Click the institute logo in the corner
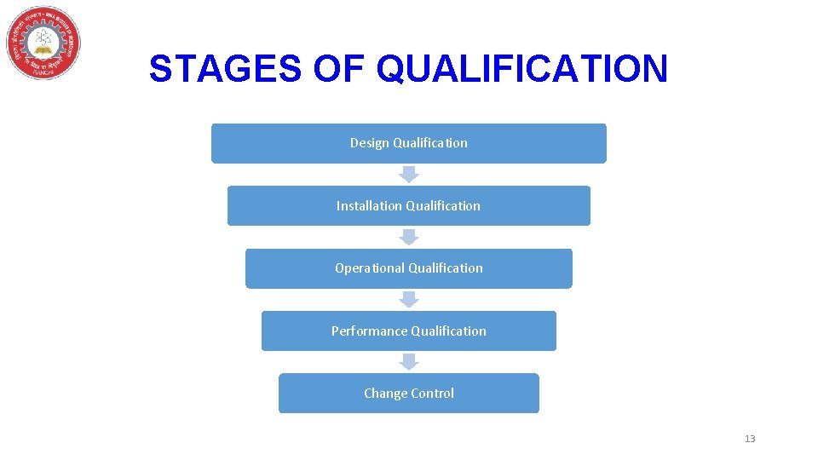pyautogui.click(x=43, y=43)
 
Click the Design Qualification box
pyautogui.click(x=409, y=143)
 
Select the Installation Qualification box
pyautogui.click(x=409, y=205)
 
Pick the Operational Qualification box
pyautogui.click(x=409, y=268)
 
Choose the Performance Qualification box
pyautogui.click(x=409, y=331)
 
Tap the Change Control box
pyautogui.click(x=409, y=393)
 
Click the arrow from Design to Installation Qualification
pyautogui.click(x=409, y=174)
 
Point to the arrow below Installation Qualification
pyautogui.click(x=409, y=237)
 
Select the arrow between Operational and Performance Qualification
pyautogui.click(x=409, y=299)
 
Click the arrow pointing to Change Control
pyautogui.click(x=409, y=361)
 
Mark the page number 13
pyautogui.click(x=750, y=439)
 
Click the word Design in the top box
pyautogui.click(x=370, y=143)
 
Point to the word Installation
pyautogui.click(x=370, y=205)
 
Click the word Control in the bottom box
pyautogui.click(x=432, y=393)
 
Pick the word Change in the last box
pyautogui.click(x=385, y=393)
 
